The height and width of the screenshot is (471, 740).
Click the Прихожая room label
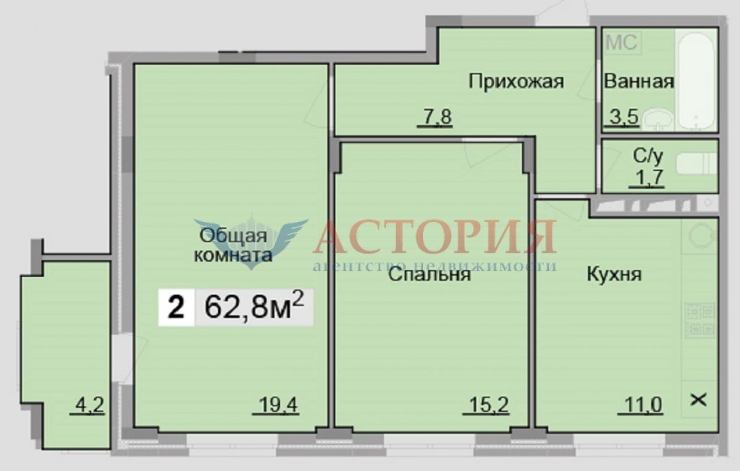click(x=516, y=81)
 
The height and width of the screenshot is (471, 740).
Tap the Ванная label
click(x=639, y=81)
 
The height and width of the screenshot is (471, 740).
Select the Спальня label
click(x=429, y=274)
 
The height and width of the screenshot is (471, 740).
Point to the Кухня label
click(x=614, y=274)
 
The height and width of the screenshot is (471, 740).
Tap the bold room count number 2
click(x=176, y=308)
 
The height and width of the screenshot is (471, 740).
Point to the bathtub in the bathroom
click(x=696, y=80)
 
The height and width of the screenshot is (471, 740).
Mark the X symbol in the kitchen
click(x=699, y=401)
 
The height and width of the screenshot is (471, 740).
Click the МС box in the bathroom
click(x=623, y=43)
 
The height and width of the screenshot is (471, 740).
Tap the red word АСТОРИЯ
click(x=435, y=237)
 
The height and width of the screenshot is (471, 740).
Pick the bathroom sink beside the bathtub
click(x=658, y=119)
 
